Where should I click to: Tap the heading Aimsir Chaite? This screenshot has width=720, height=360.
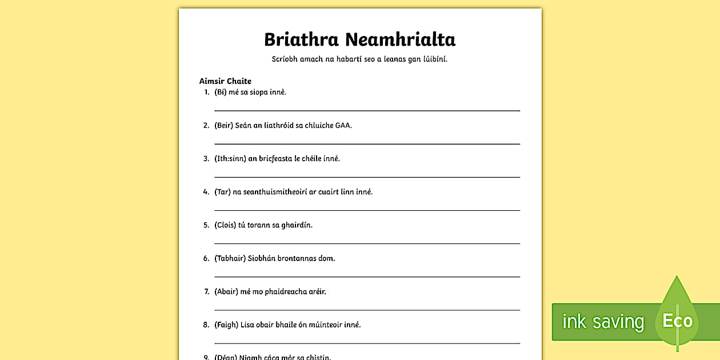(x=225, y=81)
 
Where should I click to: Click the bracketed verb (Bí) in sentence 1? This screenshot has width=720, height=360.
(x=220, y=92)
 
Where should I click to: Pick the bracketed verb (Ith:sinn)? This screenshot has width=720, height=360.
(x=230, y=158)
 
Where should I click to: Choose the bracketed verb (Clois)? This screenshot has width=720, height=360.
(x=225, y=225)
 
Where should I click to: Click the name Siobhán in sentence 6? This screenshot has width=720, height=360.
(x=261, y=258)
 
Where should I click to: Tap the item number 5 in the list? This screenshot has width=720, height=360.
(x=206, y=225)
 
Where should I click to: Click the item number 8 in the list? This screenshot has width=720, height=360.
(x=206, y=325)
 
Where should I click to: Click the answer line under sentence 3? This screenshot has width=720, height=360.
(x=367, y=177)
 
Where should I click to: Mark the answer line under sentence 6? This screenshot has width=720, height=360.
(x=367, y=277)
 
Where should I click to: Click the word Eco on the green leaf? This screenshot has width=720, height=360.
(x=677, y=321)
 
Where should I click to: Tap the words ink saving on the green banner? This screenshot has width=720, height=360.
(x=603, y=322)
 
